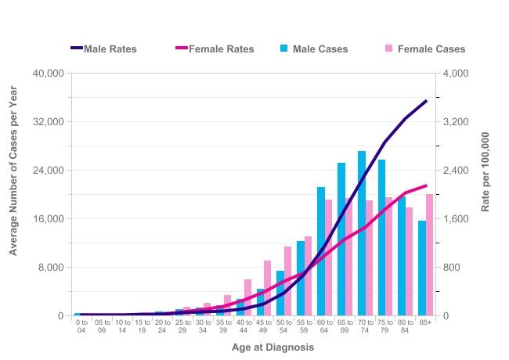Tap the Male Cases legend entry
[x=313, y=49]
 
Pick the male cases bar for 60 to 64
[x=321, y=251]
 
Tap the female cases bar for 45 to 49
[x=268, y=288]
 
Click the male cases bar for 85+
[x=422, y=268]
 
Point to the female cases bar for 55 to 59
[x=308, y=275]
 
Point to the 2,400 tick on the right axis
[x=455, y=171]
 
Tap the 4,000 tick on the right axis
[x=455, y=74]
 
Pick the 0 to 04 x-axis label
[x=81, y=326]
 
